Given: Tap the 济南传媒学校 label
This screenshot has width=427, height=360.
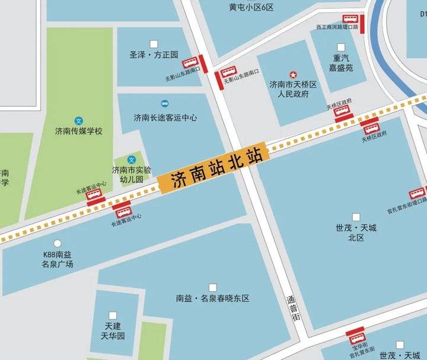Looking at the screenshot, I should coord(78,131).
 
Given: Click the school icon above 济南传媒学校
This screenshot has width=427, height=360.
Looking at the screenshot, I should coord(78,120).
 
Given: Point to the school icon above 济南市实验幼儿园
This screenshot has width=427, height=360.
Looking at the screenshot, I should coord(132,160).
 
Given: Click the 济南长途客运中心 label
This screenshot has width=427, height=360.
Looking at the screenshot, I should coord(165,117).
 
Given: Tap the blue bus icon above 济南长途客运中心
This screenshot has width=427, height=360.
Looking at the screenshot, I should coord(165,103).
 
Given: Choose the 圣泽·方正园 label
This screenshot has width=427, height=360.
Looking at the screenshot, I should coord(154,55).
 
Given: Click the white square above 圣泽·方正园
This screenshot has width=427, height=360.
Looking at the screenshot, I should coord(154,43).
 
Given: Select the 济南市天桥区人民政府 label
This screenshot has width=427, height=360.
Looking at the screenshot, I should coord(293,90).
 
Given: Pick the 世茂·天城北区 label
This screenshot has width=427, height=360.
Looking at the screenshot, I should coord(356,232).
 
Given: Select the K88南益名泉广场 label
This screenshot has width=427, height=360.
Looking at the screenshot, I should coord(58,259).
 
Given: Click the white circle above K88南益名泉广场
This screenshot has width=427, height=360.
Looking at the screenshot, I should coord(58,243).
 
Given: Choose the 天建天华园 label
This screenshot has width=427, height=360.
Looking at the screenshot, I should coord(113,331).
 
